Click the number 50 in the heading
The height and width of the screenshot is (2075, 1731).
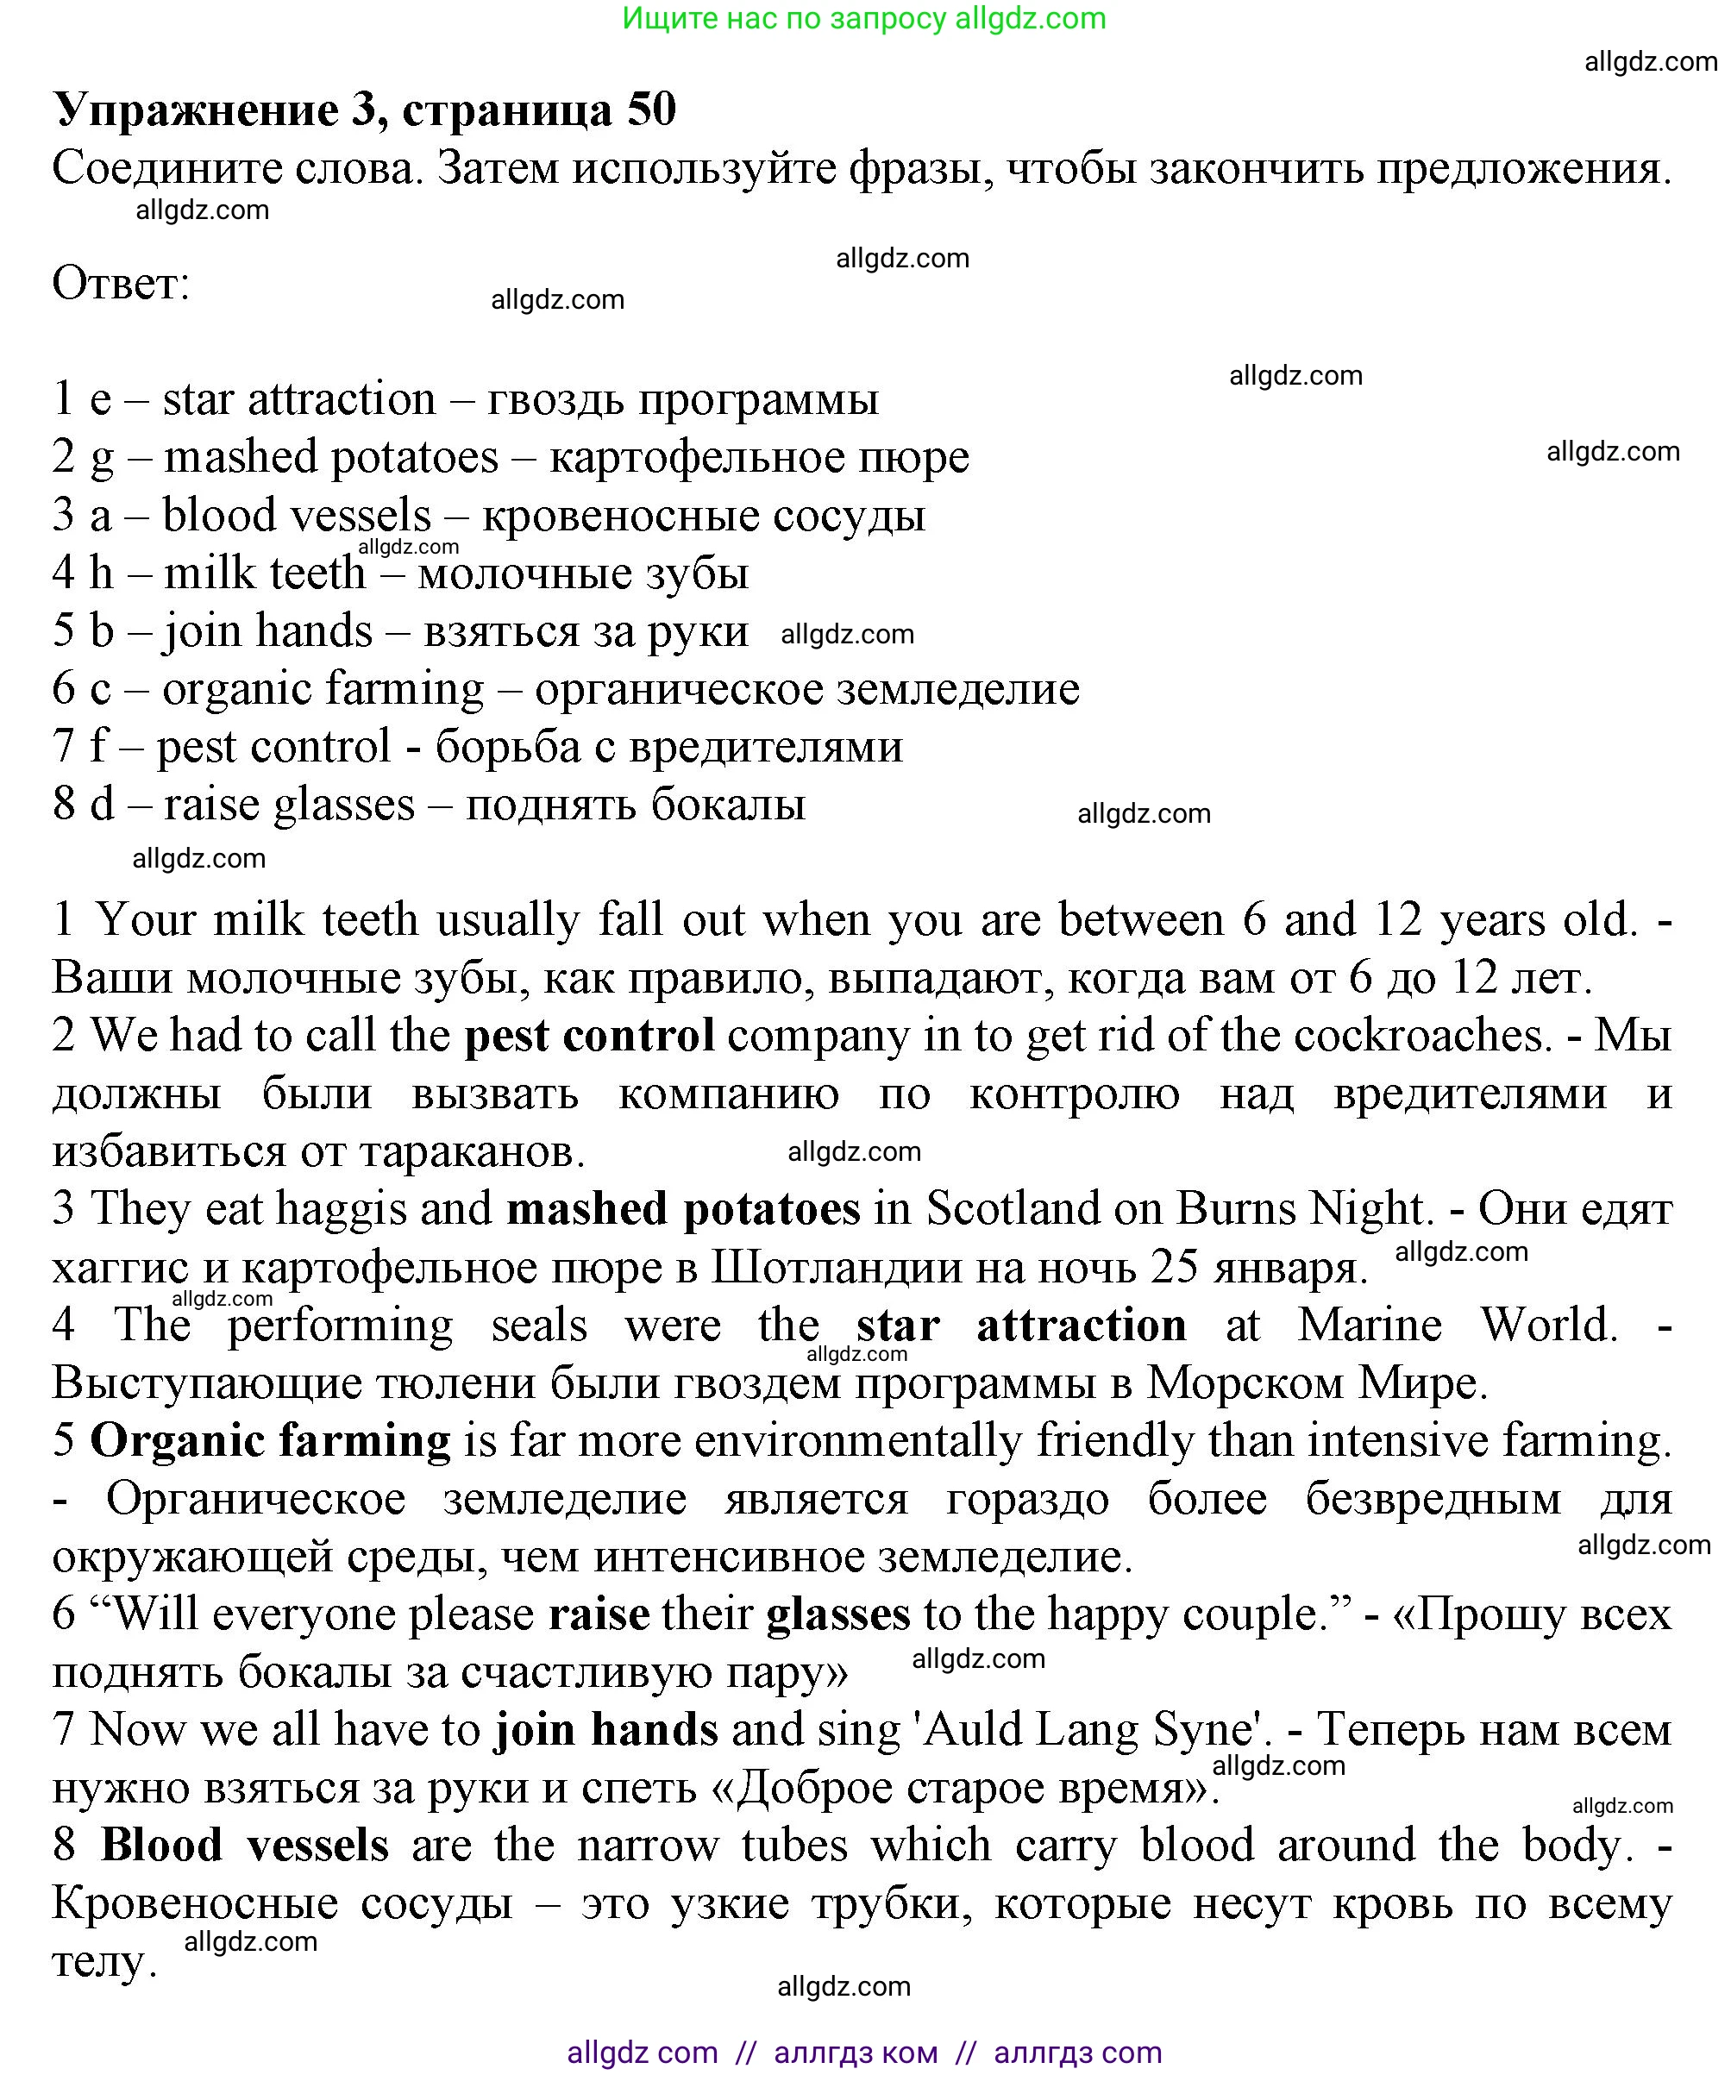pyautogui.click(x=650, y=109)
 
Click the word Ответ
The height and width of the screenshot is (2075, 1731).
pyautogui.click(x=120, y=284)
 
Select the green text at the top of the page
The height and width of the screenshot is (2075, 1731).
pyautogui.click(x=863, y=18)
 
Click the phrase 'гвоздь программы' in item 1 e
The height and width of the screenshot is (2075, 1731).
pyautogui.click(x=683, y=400)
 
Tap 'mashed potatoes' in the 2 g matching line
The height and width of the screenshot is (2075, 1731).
pyautogui.click(x=331, y=457)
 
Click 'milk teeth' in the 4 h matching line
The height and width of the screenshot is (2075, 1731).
pyautogui.click(x=264, y=574)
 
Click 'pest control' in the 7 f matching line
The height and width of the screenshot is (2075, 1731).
pyautogui.click(x=273, y=747)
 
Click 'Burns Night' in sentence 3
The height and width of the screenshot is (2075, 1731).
pyautogui.click(x=1303, y=1209)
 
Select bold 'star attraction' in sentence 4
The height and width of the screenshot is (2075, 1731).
pyautogui.click(x=1020, y=1325)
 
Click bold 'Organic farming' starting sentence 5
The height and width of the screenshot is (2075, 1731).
pyautogui.click(x=270, y=1440)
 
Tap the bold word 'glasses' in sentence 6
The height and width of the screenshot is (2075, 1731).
pyautogui.click(x=837, y=1614)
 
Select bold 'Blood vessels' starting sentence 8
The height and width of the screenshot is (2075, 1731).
pyautogui.click(x=244, y=1846)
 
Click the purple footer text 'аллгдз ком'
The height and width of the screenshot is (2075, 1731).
pyautogui.click(x=856, y=2053)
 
